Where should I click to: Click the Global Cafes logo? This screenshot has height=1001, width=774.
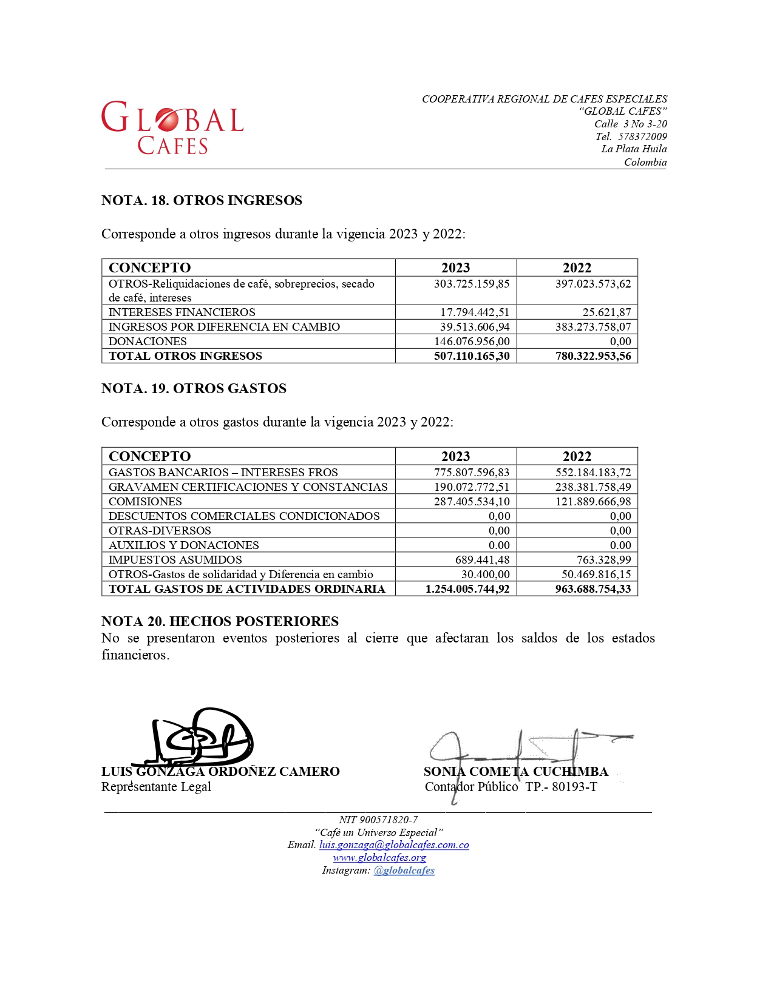click(172, 127)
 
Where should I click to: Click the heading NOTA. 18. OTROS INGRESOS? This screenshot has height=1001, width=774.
click(202, 201)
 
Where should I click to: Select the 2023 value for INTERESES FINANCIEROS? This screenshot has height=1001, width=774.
click(475, 312)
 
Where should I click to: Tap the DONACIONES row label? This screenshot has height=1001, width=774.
click(148, 342)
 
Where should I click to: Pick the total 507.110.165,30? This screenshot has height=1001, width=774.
click(472, 356)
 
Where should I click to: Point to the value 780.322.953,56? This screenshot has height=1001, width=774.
click(593, 356)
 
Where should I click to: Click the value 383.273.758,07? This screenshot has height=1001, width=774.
click(593, 327)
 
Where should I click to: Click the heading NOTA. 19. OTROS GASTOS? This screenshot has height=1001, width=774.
click(194, 389)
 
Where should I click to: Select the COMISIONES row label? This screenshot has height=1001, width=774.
click(145, 502)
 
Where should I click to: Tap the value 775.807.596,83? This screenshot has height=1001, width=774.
click(472, 473)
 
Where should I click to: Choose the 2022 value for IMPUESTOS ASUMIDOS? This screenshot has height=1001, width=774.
click(603, 560)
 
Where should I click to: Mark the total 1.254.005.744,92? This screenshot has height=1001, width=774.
click(467, 589)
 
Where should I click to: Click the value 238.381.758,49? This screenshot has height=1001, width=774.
click(593, 487)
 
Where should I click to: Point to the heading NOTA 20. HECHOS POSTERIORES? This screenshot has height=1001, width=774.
click(220, 622)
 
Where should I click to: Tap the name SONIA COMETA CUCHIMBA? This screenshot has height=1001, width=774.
click(516, 772)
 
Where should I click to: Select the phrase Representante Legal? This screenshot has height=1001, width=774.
click(156, 787)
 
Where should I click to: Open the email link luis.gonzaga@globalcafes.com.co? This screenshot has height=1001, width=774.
click(394, 845)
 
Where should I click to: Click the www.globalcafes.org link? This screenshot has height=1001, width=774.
click(379, 858)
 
